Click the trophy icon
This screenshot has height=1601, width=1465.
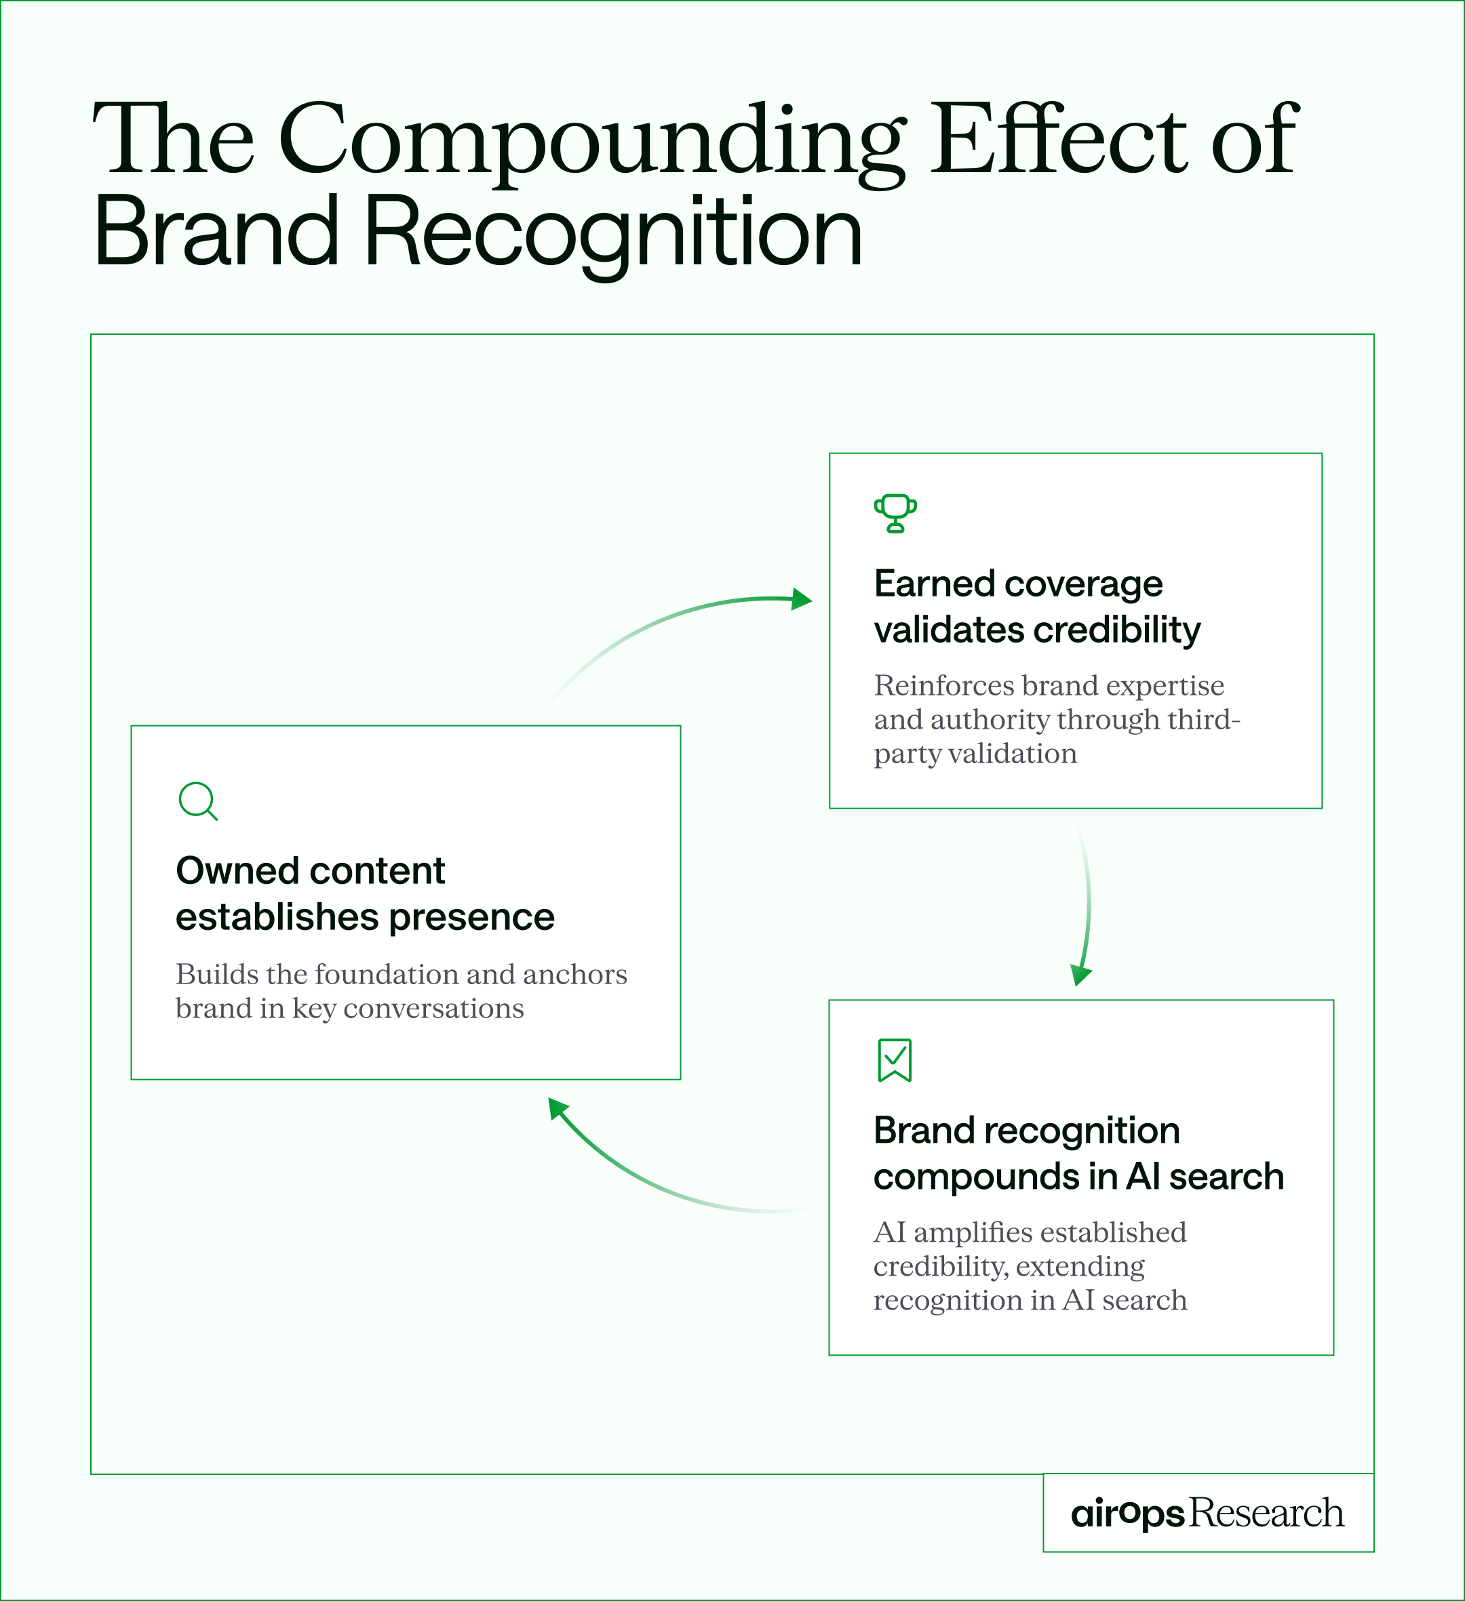pyautogui.click(x=895, y=513)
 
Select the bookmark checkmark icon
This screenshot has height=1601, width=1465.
pyautogui.click(x=895, y=1059)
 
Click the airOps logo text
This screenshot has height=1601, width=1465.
pyautogui.click(x=1127, y=1513)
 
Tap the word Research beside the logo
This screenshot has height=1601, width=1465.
pyautogui.click(x=1266, y=1513)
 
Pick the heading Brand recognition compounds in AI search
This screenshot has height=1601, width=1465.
pyautogui.click(x=1078, y=1153)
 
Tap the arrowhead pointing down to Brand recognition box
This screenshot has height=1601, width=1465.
pyautogui.click(x=1080, y=975)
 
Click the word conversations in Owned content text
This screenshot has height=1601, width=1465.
pyautogui.click(x=433, y=1009)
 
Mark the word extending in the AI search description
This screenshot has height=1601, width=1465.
pyautogui.click(x=1080, y=1267)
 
